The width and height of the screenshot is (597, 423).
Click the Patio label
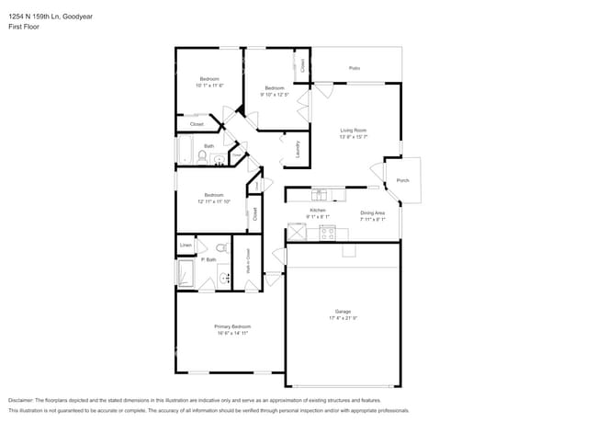tap(354, 68)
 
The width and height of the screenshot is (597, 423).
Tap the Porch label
tap(402, 181)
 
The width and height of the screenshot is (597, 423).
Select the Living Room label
tap(354, 131)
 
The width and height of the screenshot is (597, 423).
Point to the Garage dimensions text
tap(343, 318)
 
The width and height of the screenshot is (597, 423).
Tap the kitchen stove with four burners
tap(326, 233)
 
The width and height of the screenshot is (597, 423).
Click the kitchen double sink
tap(320, 194)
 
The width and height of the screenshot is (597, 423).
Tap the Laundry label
tap(298, 149)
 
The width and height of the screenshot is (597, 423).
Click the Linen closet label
tap(186, 246)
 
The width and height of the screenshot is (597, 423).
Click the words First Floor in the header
tap(24, 27)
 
